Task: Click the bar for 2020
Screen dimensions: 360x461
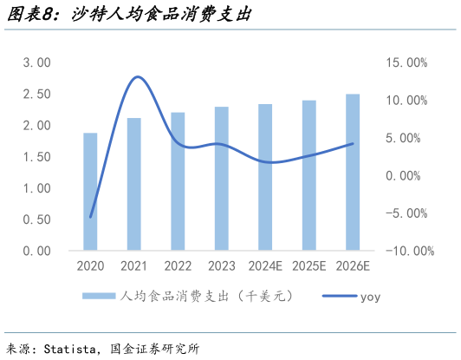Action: [90, 192]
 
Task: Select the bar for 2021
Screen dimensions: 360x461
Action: [134, 184]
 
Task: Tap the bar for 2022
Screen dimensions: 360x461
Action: [178, 181]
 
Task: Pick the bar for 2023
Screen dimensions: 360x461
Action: [222, 179]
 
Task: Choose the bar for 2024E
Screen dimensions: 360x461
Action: [265, 177]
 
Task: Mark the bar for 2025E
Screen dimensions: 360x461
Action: [309, 175]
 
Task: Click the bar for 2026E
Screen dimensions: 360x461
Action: [353, 172]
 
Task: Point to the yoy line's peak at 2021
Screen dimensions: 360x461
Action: [137, 77]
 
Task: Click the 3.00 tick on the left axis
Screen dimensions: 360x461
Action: [37, 63]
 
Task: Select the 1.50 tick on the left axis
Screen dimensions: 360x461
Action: [37, 157]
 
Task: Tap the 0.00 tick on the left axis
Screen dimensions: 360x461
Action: [37, 251]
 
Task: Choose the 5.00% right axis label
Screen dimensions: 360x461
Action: [406, 138]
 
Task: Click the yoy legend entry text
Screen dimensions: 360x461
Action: [370, 297]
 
